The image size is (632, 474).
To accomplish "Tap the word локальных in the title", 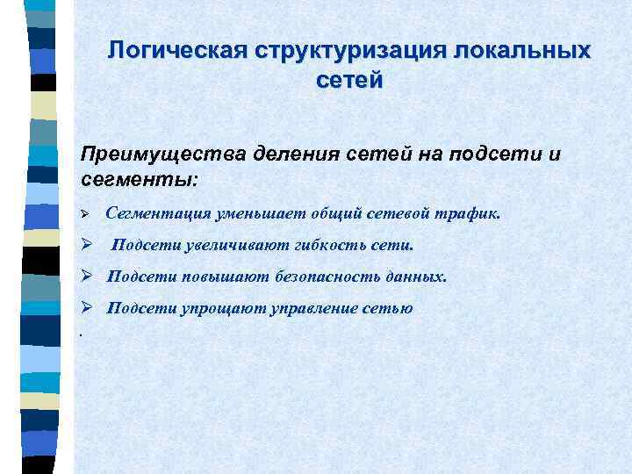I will tap(523, 50).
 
